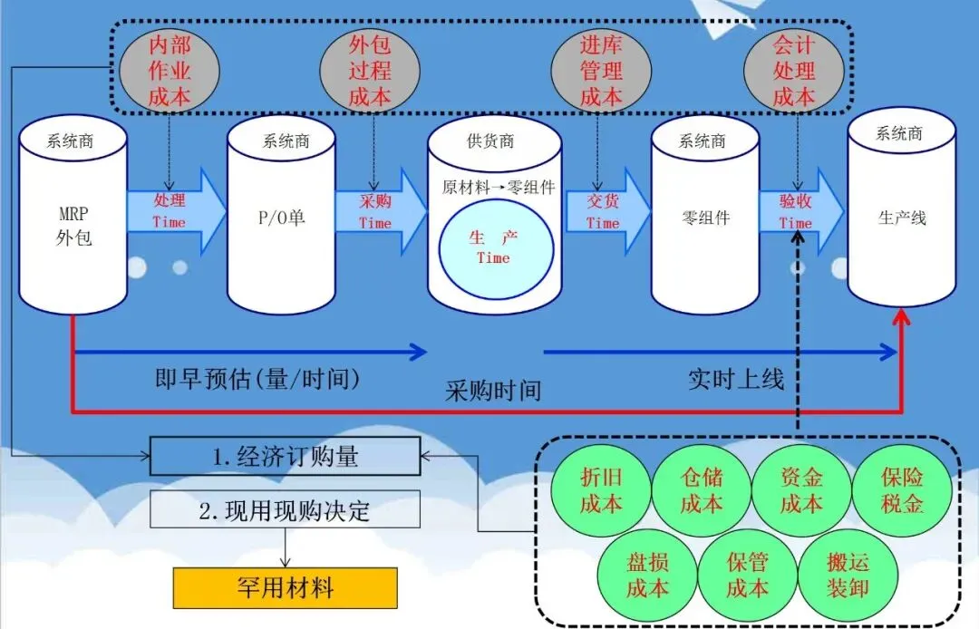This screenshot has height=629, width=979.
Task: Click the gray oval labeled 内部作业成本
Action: tap(169, 71)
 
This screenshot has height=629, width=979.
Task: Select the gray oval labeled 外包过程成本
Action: tap(370, 71)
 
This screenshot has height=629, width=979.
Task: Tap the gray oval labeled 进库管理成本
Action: tap(600, 71)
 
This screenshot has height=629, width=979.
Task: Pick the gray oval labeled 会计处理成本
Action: tap(794, 71)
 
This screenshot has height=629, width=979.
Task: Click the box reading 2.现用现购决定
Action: tap(285, 509)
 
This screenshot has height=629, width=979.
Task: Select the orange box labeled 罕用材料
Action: tap(285, 588)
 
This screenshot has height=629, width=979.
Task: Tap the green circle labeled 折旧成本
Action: tap(600, 490)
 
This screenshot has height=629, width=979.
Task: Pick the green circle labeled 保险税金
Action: tap(901, 490)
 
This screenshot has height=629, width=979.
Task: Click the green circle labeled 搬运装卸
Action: tap(848, 575)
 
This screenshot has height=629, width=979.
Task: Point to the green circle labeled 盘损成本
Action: tap(647, 575)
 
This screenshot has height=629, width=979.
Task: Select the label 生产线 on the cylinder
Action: tap(901, 218)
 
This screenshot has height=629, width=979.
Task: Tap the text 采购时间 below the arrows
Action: tap(493, 390)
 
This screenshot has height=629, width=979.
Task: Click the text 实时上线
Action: tap(735, 379)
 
